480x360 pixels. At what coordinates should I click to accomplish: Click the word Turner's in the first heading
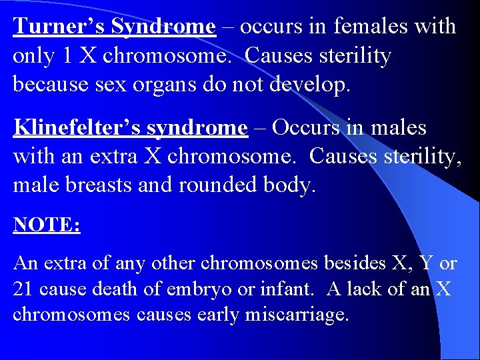pyautogui.click(x=59, y=27)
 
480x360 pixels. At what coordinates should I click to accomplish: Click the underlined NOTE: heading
pyautogui.click(x=47, y=225)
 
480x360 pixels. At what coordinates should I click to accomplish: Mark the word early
pyautogui.click(x=219, y=315)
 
